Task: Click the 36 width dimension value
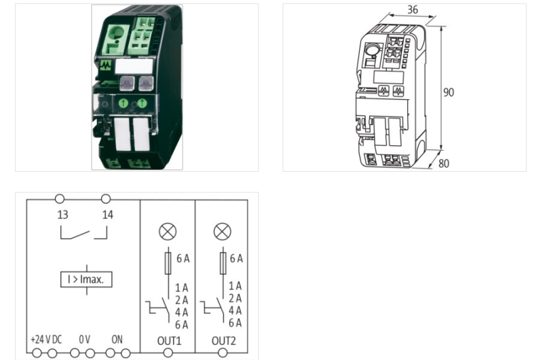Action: coord(413,10)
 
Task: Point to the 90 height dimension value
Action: coord(449,92)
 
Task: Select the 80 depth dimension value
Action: coord(444,164)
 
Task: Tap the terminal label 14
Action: coord(107,215)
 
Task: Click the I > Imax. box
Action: coord(86,279)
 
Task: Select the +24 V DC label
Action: coord(46,338)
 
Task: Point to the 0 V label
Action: coord(83,338)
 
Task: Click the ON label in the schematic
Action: coord(117,338)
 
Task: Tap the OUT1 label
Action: coord(167,338)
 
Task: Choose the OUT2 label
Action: coord(223,338)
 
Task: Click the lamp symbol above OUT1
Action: coord(167,232)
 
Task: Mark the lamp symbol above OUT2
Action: coord(223,232)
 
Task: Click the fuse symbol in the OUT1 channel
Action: coord(168,263)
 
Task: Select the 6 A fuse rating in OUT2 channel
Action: coord(236,259)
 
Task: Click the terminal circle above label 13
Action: coord(60,199)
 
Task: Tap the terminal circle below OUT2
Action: coord(223,353)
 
